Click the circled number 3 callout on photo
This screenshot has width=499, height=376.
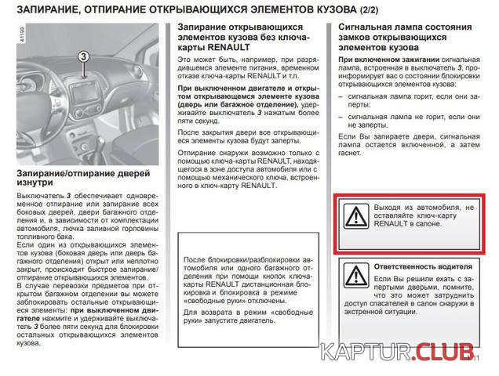tap(85, 55)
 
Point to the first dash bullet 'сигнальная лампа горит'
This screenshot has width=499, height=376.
tap(401, 95)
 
